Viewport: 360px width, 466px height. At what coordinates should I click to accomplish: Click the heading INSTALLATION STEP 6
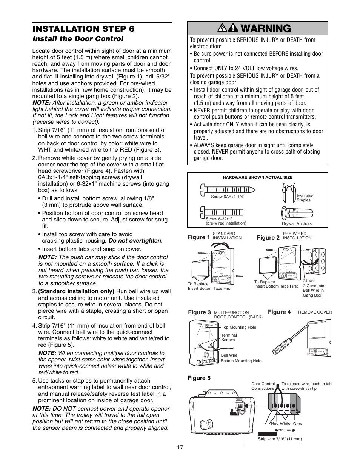point(83,29)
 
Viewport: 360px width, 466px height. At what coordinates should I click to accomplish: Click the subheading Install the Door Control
point(78,39)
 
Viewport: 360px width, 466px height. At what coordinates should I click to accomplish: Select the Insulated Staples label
point(305,198)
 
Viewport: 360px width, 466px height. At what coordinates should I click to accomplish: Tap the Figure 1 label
point(198,237)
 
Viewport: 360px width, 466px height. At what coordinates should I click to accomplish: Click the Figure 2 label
point(268,238)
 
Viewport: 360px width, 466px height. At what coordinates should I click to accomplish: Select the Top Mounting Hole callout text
point(239,328)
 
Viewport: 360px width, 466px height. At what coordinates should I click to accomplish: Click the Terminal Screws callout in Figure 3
point(229,337)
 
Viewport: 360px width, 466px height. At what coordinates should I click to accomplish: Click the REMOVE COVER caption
point(315,312)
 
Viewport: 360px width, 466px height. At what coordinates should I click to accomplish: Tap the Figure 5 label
point(199,378)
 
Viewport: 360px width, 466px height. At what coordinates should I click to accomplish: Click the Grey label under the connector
point(297,424)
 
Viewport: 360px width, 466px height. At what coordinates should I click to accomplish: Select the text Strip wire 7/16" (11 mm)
point(280,439)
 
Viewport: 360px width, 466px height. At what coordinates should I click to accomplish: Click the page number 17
point(180,448)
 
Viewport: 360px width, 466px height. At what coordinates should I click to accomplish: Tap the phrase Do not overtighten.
point(135,241)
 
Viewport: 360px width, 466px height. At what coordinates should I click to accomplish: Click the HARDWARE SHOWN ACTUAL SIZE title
point(257,177)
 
